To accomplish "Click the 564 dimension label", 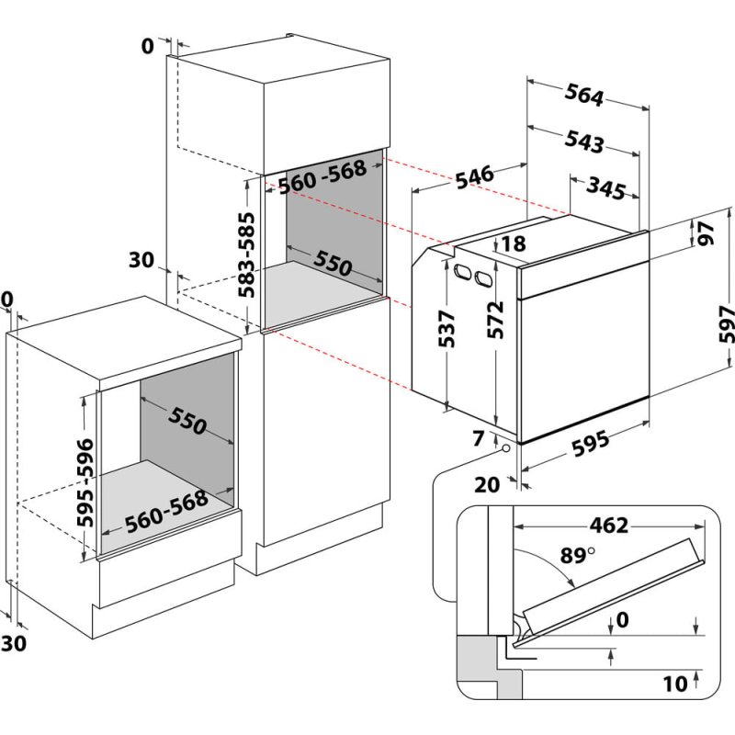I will pyautogui.click(x=583, y=96).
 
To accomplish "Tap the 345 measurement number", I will pyautogui.click(x=606, y=189).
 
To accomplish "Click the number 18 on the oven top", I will pyautogui.click(x=513, y=244).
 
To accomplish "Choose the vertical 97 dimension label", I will pyautogui.click(x=706, y=234).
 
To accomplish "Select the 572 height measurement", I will pyautogui.click(x=496, y=321).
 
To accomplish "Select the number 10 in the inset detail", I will pyautogui.click(x=676, y=683).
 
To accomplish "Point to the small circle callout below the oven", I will pyautogui.click(x=505, y=447).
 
